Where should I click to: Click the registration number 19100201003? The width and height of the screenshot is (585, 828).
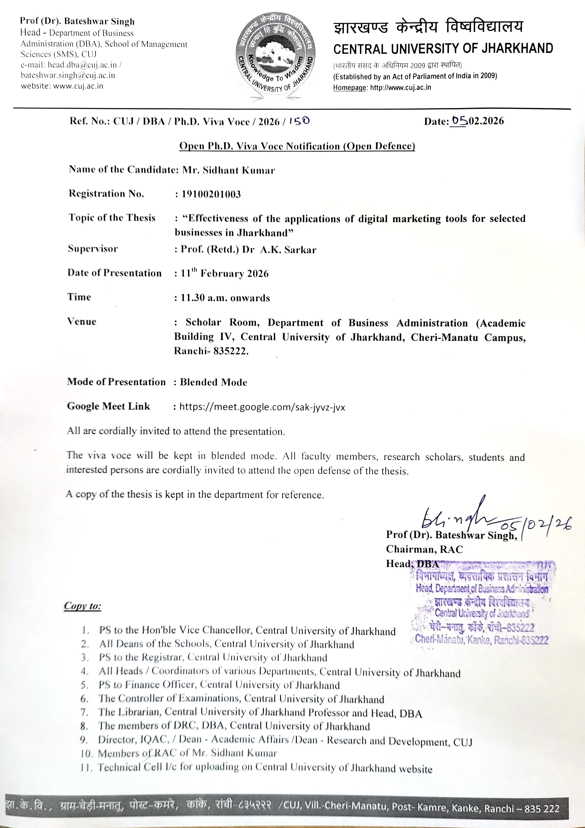click(x=211, y=194)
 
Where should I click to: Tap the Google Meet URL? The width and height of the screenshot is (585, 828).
click(x=262, y=407)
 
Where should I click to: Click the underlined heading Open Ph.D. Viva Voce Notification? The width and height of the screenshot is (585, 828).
click(x=297, y=146)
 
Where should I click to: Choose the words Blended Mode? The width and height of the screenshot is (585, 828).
click(x=214, y=382)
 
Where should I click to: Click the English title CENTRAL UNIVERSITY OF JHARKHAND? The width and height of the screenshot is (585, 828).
click(x=443, y=48)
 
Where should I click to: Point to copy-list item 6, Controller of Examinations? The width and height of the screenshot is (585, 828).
click(x=241, y=699)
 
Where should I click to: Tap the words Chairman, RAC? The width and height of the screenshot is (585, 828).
click(x=424, y=549)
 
